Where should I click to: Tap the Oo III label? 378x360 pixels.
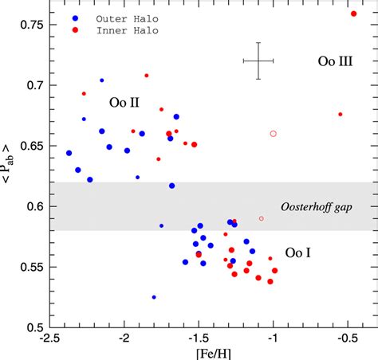[x=335, y=61]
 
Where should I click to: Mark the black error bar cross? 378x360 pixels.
[x=258, y=61]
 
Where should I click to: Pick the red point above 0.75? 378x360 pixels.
[x=354, y=14]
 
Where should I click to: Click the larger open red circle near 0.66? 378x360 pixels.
[x=274, y=134]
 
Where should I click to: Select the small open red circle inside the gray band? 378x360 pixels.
[x=261, y=218]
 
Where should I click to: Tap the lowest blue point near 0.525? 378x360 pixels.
[x=154, y=297]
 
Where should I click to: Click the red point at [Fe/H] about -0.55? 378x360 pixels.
[x=341, y=114]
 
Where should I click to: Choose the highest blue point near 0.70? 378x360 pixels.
[x=102, y=80]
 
